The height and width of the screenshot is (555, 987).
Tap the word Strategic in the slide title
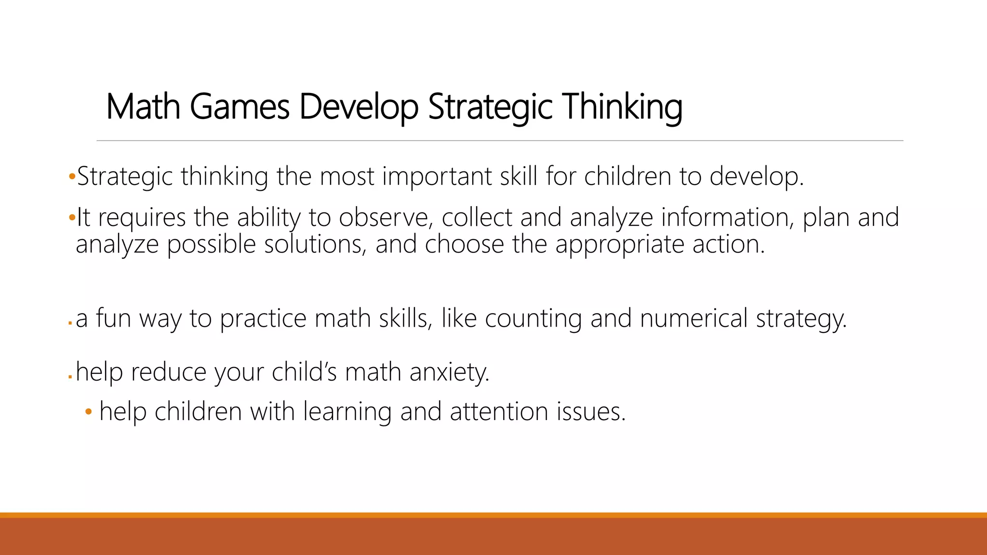(x=490, y=106)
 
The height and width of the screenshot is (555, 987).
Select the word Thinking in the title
(x=622, y=106)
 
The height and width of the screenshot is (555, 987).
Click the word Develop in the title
(x=359, y=106)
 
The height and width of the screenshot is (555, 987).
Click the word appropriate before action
(x=620, y=244)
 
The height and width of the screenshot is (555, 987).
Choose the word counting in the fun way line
(x=534, y=318)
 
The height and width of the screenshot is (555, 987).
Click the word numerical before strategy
(x=694, y=318)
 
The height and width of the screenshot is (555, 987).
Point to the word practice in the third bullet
(x=263, y=318)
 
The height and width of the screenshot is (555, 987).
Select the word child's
(x=304, y=372)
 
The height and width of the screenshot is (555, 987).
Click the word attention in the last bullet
(x=499, y=412)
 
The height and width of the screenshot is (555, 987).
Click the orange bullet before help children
(x=88, y=412)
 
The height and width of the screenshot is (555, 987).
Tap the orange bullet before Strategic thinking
(x=72, y=177)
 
